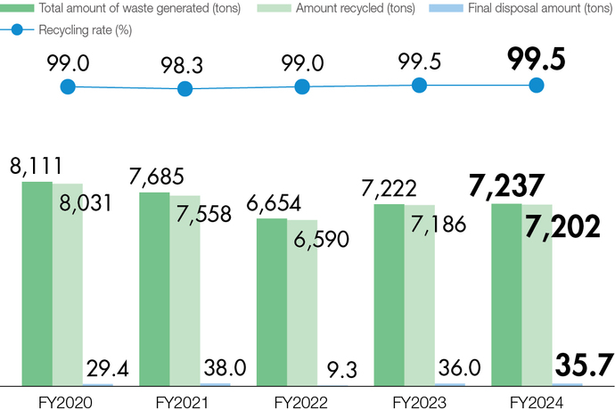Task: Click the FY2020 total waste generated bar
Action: [x=37, y=283]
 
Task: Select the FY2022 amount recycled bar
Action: [x=302, y=303]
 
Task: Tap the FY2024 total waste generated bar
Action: [x=507, y=295]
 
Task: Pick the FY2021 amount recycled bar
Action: [x=184, y=291]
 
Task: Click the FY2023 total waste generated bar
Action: [x=389, y=295]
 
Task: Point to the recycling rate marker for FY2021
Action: [x=184, y=88]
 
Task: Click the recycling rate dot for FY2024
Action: [x=536, y=86]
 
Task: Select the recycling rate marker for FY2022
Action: [x=302, y=86]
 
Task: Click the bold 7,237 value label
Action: [x=505, y=185]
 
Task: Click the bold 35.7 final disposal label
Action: [x=584, y=365]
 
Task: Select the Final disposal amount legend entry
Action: [x=523, y=8]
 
